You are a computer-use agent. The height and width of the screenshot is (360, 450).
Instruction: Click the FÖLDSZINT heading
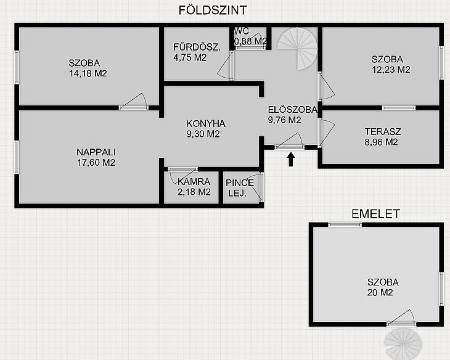pyautogui.click(x=213, y=10)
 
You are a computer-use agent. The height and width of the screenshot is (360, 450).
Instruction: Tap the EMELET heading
pyautogui.click(x=375, y=214)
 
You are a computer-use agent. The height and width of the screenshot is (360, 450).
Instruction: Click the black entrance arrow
pyautogui.click(x=291, y=159)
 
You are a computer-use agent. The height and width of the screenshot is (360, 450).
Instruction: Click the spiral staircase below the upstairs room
pyautogui.click(x=403, y=343)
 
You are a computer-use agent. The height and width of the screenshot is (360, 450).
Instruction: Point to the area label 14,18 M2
pyautogui.click(x=88, y=73)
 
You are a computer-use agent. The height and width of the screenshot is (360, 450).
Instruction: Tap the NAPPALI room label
pyautogui.click(x=96, y=152)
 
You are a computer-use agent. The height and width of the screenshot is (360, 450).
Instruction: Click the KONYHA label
pyautogui.click(x=206, y=124)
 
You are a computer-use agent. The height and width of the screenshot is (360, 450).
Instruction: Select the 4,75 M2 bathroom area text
pyautogui.click(x=190, y=58)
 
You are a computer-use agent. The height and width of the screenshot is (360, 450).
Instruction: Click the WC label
pyautogui.click(x=242, y=31)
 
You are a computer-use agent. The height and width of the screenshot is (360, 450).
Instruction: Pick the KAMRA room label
pyautogui.click(x=194, y=182)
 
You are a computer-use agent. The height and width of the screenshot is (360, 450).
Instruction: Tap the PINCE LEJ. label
pyautogui.click(x=240, y=188)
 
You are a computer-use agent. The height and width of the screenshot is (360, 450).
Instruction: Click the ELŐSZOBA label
pyautogui.click(x=292, y=109)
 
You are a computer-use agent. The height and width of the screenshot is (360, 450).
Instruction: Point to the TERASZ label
pyautogui.click(x=383, y=131)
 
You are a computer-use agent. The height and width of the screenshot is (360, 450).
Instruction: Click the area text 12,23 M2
pyautogui.click(x=391, y=70)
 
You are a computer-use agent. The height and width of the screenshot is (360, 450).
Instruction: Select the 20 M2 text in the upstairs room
pyautogui.click(x=380, y=293)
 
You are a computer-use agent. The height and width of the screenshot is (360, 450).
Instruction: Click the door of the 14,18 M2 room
pyautogui.click(x=134, y=102)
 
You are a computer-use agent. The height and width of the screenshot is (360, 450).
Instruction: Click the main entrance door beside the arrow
pyautogui.click(x=289, y=141)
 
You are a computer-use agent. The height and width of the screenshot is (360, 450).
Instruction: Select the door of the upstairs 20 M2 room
pyautogui.click(x=401, y=318)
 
